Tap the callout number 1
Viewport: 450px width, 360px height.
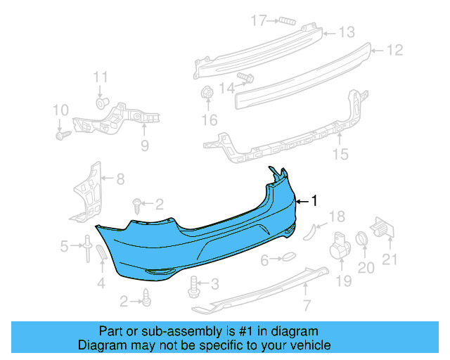[x=314, y=201]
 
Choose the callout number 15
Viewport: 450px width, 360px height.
[x=340, y=155]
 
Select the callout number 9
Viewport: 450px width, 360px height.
[x=144, y=146]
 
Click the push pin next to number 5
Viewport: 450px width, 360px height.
[x=86, y=247]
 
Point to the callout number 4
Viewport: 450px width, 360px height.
[x=101, y=283]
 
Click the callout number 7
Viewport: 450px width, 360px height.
[x=306, y=305]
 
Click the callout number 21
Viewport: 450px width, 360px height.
[x=390, y=259]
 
